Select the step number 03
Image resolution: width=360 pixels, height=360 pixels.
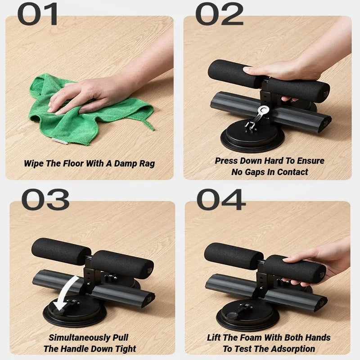click(45, 199)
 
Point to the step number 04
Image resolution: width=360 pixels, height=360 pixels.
click(221, 199)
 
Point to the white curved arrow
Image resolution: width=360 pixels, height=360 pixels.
click(67, 292)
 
